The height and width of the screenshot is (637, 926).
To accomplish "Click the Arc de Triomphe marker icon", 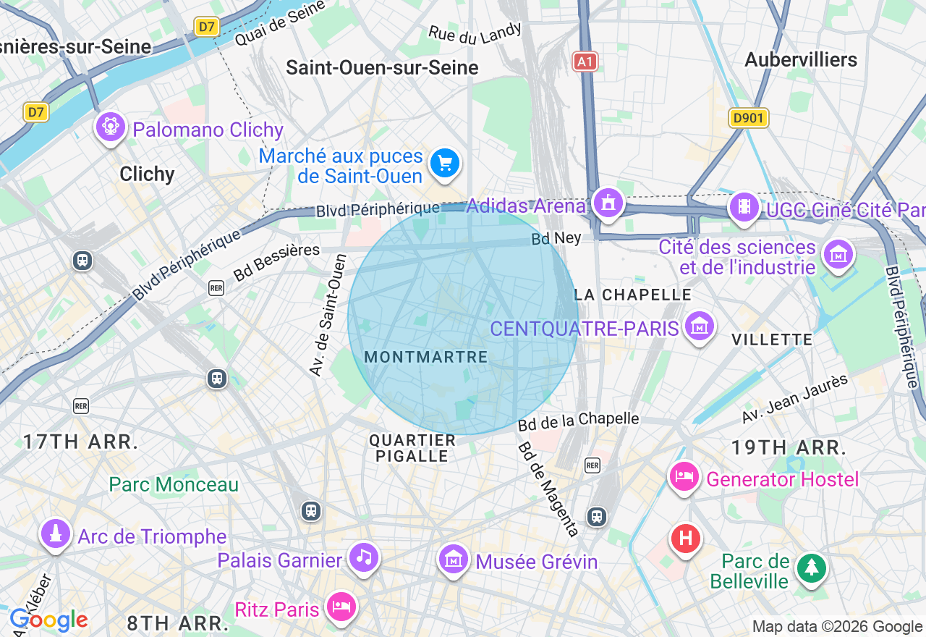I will tap(56, 534).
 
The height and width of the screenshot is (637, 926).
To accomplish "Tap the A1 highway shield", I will tap(585, 62).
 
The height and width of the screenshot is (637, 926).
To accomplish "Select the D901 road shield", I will tap(748, 118).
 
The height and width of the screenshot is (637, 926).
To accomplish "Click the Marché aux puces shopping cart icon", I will tap(444, 164).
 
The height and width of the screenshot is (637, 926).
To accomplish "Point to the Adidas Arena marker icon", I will tap(608, 203).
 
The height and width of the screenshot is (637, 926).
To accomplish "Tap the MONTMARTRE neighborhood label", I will tap(426, 357).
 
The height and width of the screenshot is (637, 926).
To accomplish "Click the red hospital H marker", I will tap(685, 539).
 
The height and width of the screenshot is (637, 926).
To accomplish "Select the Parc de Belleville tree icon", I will tap(811, 569).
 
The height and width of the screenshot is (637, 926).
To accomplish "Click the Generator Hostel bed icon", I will tap(684, 477).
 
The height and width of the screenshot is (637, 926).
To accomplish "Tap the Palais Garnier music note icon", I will tap(363, 557).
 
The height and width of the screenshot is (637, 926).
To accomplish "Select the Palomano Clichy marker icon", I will tap(110, 127).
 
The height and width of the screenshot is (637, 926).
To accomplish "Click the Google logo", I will tap(48, 620).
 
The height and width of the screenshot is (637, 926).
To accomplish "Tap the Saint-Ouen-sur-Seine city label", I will tap(382, 68).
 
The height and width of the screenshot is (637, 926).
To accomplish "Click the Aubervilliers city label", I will tap(801, 59).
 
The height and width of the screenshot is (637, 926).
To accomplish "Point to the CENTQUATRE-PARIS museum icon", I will tap(699, 326).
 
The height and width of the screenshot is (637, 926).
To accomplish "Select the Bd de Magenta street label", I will tap(548, 489).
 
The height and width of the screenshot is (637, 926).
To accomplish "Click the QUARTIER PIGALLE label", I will tap(412, 448).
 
